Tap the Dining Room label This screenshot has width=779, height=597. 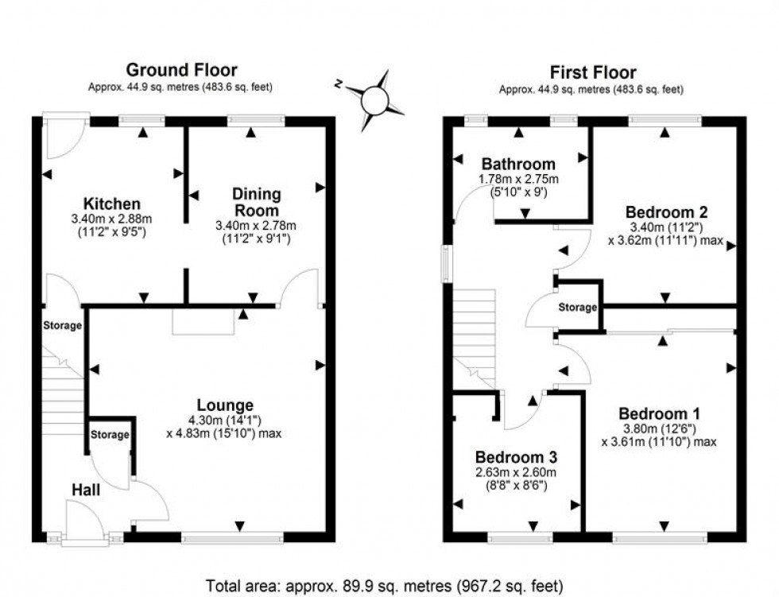[256, 202]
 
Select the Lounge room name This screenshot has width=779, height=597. [227, 405]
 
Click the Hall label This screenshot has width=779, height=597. [85, 490]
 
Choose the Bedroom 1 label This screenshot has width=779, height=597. [659, 414]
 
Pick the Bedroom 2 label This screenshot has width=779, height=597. [666, 212]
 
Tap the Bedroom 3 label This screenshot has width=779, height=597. [516, 458]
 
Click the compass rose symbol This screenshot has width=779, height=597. [375, 100]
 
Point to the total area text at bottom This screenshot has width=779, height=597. [385, 587]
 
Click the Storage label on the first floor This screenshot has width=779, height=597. [577, 308]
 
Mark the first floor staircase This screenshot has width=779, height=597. [474, 334]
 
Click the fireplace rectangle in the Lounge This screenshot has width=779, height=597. [203, 322]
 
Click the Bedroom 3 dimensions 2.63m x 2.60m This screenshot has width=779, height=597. [516, 473]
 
